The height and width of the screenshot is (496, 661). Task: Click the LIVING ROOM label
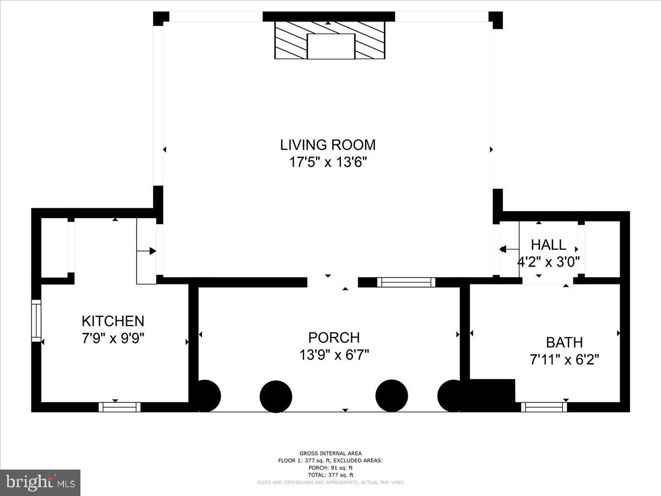(328, 145)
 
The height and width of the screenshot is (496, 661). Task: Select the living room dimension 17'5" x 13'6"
(328, 162)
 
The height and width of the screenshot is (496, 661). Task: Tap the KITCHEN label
(113, 321)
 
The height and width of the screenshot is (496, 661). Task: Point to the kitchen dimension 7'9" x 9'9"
(113, 338)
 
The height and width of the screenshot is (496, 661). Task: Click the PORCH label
(334, 337)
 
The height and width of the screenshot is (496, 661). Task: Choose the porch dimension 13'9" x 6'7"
(334, 354)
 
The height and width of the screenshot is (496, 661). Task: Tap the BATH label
(564, 342)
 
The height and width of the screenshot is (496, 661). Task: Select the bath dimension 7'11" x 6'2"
(564, 360)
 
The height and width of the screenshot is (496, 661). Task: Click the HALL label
(548, 245)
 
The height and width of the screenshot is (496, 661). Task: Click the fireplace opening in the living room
(330, 46)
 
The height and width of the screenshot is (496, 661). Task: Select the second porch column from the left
(275, 396)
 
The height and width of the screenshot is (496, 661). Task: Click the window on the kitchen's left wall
(36, 320)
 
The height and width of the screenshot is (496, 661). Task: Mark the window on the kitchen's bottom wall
(120, 407)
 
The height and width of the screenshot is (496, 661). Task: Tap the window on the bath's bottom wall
(544, 407)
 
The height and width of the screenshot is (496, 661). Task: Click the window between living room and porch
(406, 282)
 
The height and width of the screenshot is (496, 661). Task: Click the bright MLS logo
(40, 482)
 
